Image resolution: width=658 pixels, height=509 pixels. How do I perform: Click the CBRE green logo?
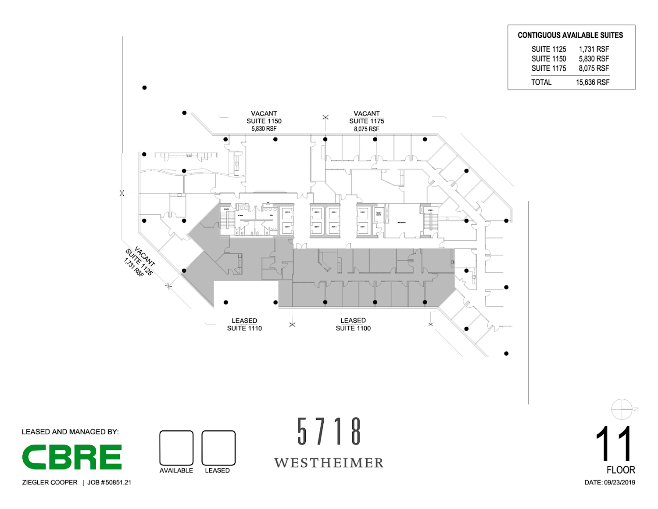coord(72,457)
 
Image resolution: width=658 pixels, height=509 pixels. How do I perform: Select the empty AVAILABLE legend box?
coord(176,448)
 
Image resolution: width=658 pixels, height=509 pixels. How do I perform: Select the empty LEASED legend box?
coord(218,448)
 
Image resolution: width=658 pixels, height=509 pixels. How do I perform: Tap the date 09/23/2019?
coord(619,482)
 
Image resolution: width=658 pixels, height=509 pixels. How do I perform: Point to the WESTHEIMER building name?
coord(329,463)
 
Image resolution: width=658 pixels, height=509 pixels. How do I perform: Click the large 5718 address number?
coord(329,431)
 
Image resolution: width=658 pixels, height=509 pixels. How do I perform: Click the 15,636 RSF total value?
coord(593,82)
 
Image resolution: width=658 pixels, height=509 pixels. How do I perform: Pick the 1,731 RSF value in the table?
coord(594,49)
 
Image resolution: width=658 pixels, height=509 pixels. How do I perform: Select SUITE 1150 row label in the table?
coord(549,59)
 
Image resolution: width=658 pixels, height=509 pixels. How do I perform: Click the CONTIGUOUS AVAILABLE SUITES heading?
coord(570,35)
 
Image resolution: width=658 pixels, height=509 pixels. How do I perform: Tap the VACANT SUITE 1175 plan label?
coord(367,121)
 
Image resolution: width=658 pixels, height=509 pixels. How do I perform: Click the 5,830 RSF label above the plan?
coord(264,129)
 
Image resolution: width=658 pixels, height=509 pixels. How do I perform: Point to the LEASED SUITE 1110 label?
coord(244,325)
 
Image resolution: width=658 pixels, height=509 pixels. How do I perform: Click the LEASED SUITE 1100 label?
coord(353,325)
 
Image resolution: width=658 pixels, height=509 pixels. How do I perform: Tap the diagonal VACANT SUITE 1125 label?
coord(140,262)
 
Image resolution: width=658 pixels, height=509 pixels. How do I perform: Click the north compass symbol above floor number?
coord(622,409)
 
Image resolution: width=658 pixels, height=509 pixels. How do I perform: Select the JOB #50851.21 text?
coord(109,482)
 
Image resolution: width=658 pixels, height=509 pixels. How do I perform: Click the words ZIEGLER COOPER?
coord(50,482)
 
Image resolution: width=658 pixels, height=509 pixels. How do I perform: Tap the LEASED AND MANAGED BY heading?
coord(70,432)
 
